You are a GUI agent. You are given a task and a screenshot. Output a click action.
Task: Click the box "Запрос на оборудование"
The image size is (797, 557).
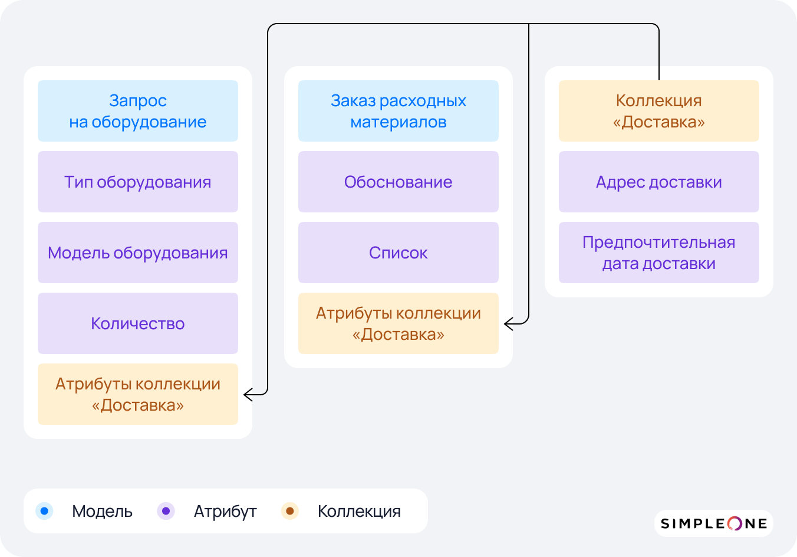[x=138, y=111]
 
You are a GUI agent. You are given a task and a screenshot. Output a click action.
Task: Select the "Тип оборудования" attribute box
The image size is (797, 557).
[x=138, y=182]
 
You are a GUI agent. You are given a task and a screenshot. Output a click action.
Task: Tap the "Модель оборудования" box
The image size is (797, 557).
[x=138, y=253]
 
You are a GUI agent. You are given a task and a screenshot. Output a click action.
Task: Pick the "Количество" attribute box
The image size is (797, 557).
[x=138, y=323]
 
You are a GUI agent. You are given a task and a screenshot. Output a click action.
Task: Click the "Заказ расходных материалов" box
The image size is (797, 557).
[x=398, y=111]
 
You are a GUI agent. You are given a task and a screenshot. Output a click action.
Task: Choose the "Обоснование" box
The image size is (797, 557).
[x=398, y=182]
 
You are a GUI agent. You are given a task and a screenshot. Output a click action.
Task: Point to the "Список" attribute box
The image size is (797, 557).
[x=398, y=253]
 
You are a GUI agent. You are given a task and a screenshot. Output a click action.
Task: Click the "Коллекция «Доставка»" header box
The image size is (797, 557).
[x=659, y=111]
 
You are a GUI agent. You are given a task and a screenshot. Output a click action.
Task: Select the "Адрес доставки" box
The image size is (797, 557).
[x=659, y=182]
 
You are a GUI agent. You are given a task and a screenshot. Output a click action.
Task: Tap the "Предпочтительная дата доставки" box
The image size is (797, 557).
[x=659, y=253]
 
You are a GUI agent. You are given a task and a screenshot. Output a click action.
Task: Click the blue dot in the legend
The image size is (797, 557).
[x=44, y=511]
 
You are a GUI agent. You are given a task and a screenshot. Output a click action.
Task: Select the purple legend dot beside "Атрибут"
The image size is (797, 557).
[x=166, y=511]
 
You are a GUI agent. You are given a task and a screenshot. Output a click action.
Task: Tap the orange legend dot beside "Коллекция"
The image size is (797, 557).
[x=290, y=511]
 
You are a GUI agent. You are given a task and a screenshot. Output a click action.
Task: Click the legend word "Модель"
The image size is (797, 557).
[x=102, y=512]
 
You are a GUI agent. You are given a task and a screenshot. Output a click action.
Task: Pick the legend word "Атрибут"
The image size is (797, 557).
[x=225, y=512]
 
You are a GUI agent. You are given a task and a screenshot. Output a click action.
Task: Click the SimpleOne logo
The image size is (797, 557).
[x=713, y=523]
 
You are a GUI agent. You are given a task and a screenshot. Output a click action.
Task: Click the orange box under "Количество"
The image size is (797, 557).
[x=138, y=394]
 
